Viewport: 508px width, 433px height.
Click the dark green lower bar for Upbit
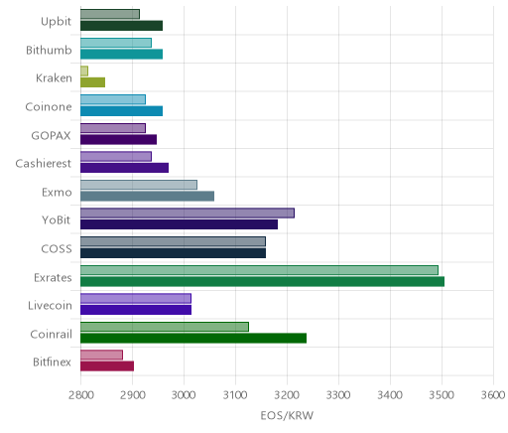tap(121, 26)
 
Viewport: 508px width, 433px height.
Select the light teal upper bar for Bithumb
tap(116, 43)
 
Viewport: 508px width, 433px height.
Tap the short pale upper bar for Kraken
tap(84, 71)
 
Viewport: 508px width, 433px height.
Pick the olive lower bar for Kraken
tap(92, 82)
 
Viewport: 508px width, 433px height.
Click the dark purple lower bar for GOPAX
tap(118, 139)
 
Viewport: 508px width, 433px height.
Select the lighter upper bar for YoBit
tap(188, 213)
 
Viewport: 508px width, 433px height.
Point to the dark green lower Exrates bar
tap(262, 281)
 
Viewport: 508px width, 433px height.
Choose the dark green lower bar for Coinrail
tap(193, 338)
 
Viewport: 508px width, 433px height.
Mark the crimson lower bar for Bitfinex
tap(107, 366)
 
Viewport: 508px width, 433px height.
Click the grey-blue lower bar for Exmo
tap(147, 196)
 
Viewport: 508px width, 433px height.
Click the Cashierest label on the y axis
tap(44, 163)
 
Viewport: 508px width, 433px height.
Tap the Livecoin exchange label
tap(50, 305)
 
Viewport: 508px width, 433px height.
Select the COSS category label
tap(57, 248)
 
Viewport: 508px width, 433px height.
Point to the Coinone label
tap(49, 106)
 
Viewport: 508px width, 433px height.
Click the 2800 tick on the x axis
tap(81, 395)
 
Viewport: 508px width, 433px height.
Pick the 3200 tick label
tap(287, 395)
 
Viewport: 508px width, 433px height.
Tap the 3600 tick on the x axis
tap(493, 395)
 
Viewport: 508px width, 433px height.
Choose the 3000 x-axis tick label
tap(184, 395)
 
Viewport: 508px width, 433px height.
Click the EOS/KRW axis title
tap(287, 415)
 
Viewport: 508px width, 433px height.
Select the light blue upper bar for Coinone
tap(113, 99)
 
